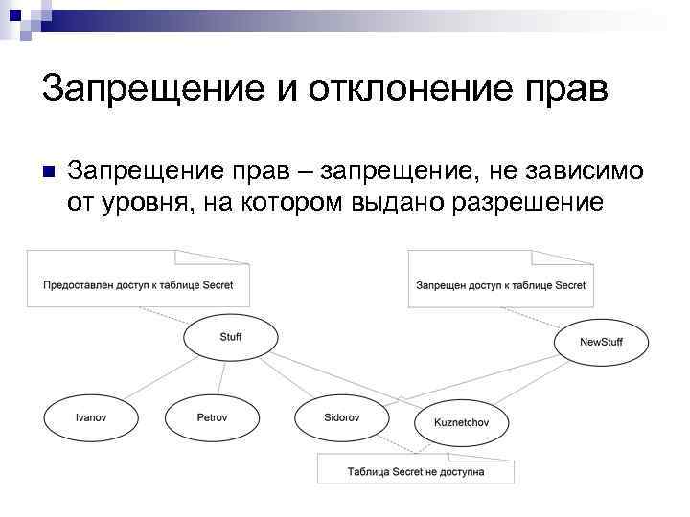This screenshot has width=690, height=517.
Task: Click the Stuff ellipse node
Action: pyautogui.click(x=231, y=337)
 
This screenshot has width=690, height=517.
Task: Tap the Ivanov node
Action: pyautogui.click(x=90, y=418)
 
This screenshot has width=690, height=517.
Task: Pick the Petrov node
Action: pyautogui.click(x=212, y=418)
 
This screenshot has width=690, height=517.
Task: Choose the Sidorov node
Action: pyautogui.click(x=341, y=418)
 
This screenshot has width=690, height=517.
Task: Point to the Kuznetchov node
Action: pyautogui.click(x=463, y=423)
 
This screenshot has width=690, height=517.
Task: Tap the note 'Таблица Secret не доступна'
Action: pyautogui.click(x=415, y=471)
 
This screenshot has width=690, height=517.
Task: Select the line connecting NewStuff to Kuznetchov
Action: pyautogui.click(x=530, y=384)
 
